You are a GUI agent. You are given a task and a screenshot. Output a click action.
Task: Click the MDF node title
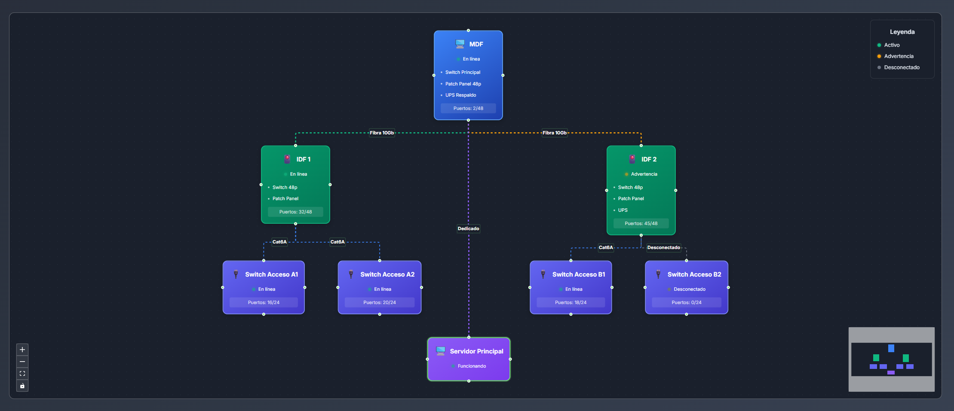[476, 44]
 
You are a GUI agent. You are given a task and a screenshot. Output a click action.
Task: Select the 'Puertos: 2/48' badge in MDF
[468, 108]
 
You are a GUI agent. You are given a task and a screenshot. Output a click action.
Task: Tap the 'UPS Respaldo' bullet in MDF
[460, 95]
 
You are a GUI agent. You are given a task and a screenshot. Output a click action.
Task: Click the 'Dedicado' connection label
[468, 228]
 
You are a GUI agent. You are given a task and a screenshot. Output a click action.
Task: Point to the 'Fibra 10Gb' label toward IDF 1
[382, 133]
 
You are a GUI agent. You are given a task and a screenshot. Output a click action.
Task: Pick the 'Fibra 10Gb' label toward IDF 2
[555, 133]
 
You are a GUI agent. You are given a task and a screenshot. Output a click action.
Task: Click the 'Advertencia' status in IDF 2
[644, 174]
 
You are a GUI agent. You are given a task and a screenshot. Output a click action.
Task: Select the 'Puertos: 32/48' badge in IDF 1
[295, 212]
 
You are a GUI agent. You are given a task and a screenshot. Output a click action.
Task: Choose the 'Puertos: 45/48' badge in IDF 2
[641, 223]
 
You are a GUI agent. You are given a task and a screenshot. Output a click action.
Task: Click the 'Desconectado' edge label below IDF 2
[663, 247]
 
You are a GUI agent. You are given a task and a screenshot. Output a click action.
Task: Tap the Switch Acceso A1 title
[271, 274]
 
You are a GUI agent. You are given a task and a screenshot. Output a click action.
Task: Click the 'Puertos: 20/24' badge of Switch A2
[380, 302]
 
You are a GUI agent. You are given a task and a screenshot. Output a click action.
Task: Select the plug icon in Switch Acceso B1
[543, 274]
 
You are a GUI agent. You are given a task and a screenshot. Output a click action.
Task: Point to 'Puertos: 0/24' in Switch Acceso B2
[687, 302]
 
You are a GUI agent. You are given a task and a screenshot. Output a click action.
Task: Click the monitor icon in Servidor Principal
[441, 351]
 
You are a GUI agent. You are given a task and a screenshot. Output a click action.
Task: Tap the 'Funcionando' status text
[472, 366]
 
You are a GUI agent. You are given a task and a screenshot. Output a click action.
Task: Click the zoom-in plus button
[22, 350]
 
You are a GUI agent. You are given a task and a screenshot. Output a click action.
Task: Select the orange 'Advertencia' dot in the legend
[879, 56]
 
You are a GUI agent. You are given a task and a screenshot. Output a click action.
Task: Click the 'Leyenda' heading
[902, 32]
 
